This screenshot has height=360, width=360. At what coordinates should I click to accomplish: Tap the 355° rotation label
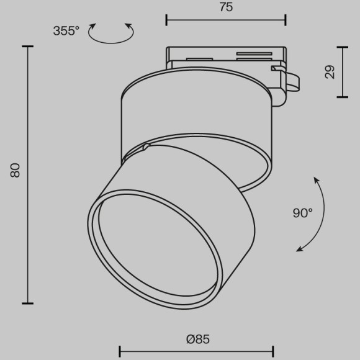click(66, 30)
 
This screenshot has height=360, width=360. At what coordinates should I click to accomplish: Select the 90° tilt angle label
click(303, 213)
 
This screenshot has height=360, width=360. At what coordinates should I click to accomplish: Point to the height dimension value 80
click(16, 170)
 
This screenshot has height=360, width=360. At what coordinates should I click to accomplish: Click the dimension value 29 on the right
click(330, 72)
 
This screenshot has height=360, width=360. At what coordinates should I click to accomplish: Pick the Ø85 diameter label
click(197, 339)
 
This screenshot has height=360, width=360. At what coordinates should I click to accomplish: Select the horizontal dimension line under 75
click(226, 20)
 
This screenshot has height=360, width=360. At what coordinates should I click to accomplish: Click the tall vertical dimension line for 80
click(27, 174)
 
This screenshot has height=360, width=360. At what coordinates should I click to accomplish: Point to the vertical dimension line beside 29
click(342, 71)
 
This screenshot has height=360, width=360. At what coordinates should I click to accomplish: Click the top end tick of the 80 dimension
click(27, 46)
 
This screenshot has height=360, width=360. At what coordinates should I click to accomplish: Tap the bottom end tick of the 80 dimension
click(27, 303)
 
